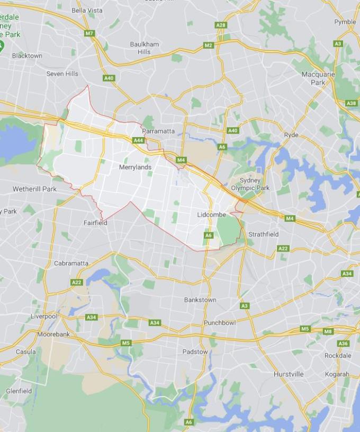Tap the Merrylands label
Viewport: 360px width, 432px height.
pyautogui.click(x=135, y=167)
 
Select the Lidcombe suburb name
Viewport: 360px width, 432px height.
pyautogui.click(x=211, y=215)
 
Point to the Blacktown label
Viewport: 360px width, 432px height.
pyautogui.click(x=27, y=56)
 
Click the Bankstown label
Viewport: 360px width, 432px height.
pyautogui.click(x=200, y=300)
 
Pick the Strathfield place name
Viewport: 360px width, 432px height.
pyautogui.click(x=263, y=234)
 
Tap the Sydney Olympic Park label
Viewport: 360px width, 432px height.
pyautogui.click(x=250, y=184)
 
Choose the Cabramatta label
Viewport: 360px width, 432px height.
pyautogui.click(x=71, y=263)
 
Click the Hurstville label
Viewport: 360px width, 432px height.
pyautogui.click(x=289, y=374)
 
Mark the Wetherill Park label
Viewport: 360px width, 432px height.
pyautogui.click(x=34, y=189)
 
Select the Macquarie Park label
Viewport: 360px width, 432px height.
pyautogui.click(x=318, y=78)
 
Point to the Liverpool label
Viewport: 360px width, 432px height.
pyautogui.click(x=43, y=316)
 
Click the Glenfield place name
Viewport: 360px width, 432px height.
pyautogui.click(x=19, y=391)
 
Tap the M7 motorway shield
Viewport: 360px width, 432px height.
pyautogui.click(x=89, y=33)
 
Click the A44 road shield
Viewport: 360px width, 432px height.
pyautogui.click(x=138, y=140)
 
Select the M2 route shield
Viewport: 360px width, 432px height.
pyautogui.click(x=208, y=45)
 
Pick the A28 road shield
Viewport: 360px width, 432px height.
pyautogui.click(x=221, y=25)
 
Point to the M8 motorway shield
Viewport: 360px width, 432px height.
pyautogui.click(x=328, y=331)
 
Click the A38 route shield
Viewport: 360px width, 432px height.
pyautogui.click(x=352, y=103)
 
